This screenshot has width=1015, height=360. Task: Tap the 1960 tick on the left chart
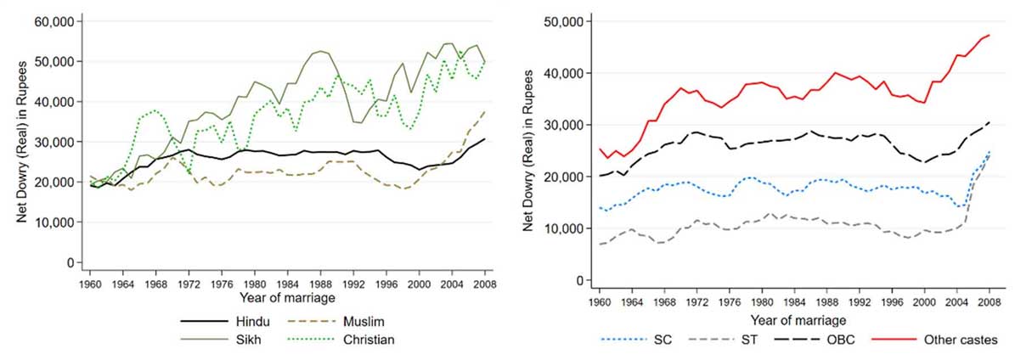pyautogui.click(x=91, y=283)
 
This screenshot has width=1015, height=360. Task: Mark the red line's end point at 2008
pyautogui.click(x=990, y=35)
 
